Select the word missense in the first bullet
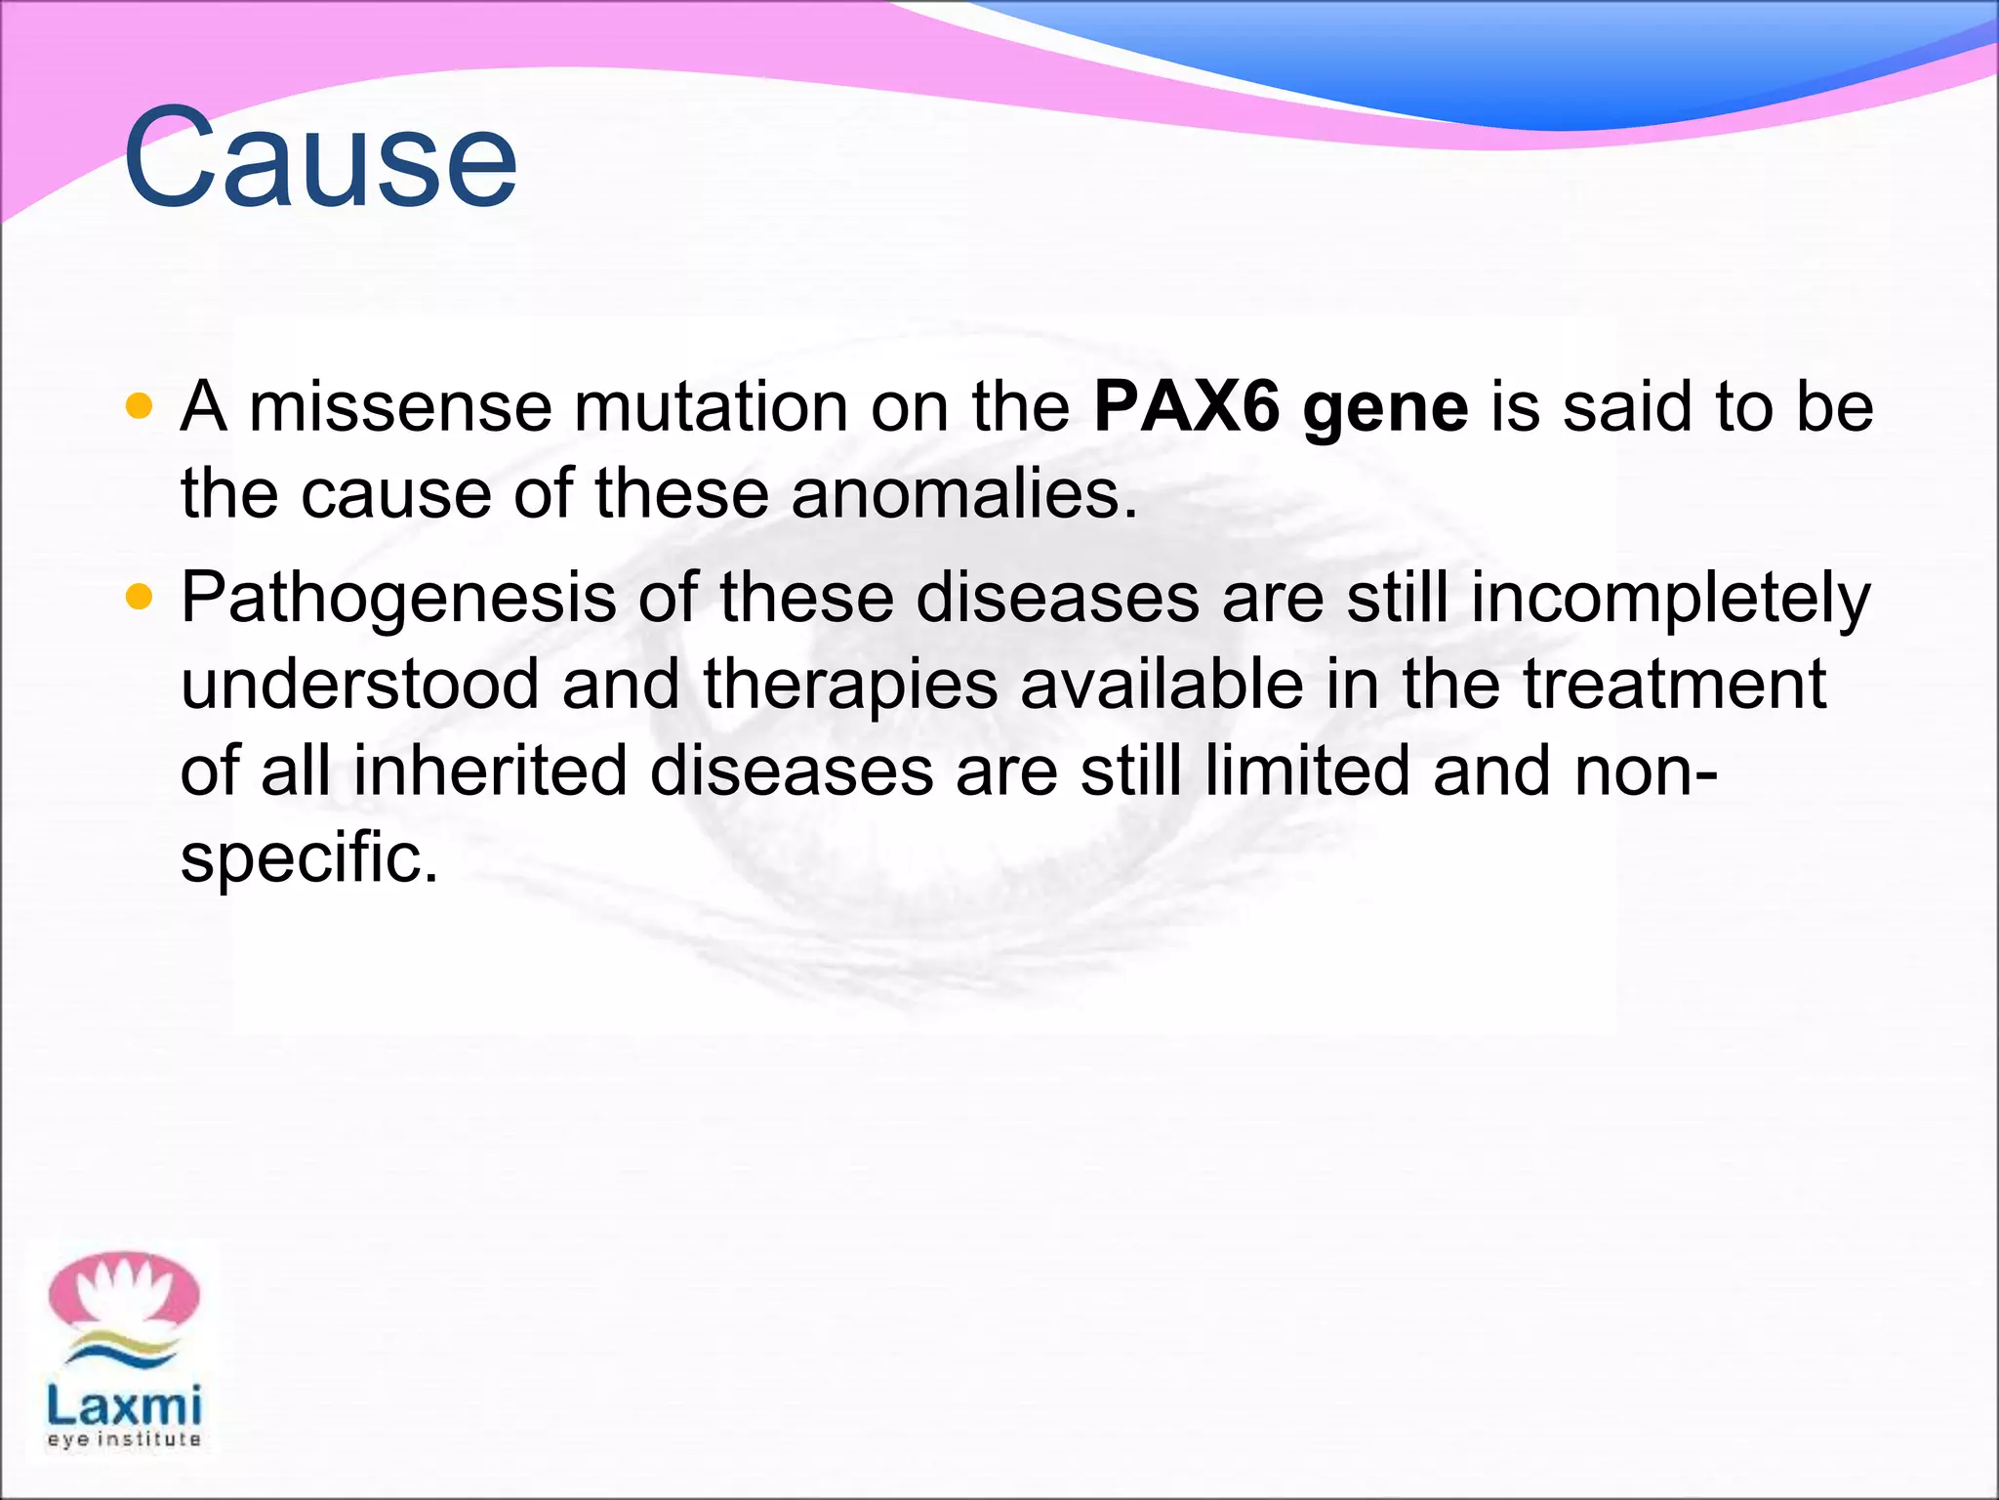[400, 408]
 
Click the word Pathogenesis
[398, 600]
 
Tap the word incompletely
[1670, 600]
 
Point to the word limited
[1307, 771]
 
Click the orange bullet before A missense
[140, 406]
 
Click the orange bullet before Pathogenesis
[140, 597]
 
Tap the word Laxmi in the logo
[124, 1406]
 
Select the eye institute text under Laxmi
[124, 1439]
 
